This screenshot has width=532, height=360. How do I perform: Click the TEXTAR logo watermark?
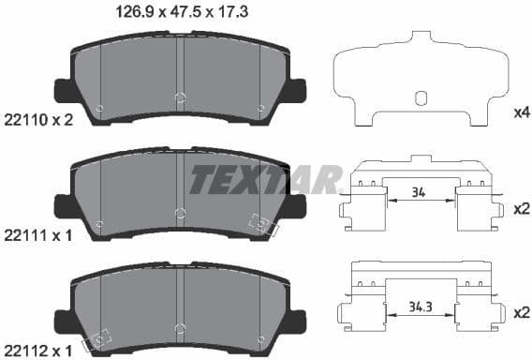[x=267, y=178]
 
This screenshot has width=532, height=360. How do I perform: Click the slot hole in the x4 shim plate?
[x=421, y=97]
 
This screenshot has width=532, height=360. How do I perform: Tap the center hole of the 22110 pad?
[x=182, y=97]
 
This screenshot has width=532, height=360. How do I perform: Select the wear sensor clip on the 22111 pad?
[x=261, y=226]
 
